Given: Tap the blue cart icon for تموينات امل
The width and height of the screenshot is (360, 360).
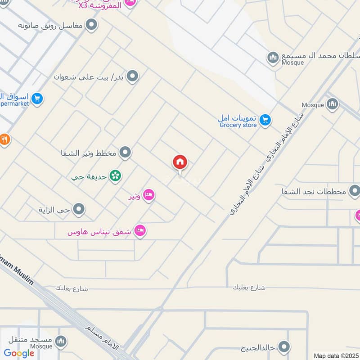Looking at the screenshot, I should pos(265,119).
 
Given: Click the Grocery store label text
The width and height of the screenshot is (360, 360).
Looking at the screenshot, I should pos(238,125).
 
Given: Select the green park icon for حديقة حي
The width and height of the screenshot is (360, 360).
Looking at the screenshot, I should pos(116,176).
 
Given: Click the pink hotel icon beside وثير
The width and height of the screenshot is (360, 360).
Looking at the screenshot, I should pos(149,196).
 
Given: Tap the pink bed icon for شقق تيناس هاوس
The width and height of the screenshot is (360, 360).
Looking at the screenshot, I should pos(140,231).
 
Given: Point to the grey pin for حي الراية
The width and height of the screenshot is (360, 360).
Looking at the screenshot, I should pos(79,209).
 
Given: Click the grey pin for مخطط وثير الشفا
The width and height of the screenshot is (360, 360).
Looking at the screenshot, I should pos(126,153).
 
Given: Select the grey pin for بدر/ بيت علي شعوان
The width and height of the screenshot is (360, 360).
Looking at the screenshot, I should pos(132,76).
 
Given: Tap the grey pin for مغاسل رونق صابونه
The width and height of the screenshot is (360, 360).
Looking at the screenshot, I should pos(92,25).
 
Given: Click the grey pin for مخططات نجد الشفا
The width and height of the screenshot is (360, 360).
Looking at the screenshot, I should pos(355,191).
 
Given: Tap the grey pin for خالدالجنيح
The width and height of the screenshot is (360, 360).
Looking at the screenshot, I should pos(284,347).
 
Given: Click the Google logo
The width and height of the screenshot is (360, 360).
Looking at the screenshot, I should pos(19,353).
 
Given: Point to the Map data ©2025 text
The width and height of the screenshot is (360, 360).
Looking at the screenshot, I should pos(335,355).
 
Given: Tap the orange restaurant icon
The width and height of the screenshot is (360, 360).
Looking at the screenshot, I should pos(4,139).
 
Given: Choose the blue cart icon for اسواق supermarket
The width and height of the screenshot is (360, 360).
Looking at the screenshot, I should pos(38,98).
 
